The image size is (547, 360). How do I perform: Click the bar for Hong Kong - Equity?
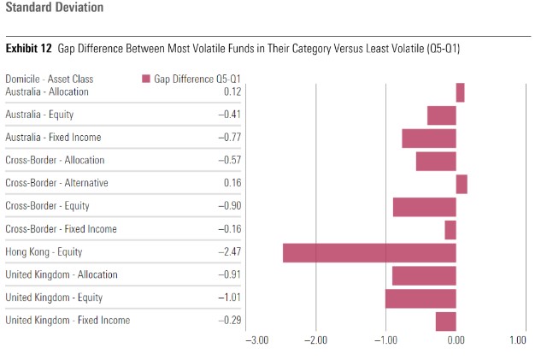[x=369, y=252]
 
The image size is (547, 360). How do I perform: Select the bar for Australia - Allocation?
[x=460, y=92]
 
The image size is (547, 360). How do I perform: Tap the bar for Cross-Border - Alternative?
[x=462, y=184]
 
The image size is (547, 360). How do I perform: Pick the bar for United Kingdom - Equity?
[x=421, y=298]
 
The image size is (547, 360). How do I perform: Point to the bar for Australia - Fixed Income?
[x=429, y=138]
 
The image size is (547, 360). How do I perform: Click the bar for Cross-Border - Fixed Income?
[x=450, y=229]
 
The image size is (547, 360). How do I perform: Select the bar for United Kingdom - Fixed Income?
[x=446, y=321]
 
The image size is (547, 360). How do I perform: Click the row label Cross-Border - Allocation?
[x=55, y=160]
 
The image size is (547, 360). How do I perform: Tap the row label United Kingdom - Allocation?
[x=62, y=274]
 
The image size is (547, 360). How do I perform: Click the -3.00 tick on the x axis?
[x=257, y=339]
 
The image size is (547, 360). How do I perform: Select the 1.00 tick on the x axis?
[x=518, y=339]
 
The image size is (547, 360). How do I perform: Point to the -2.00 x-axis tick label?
[x=317, y=339]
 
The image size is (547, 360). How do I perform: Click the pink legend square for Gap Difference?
[x=146, y=79]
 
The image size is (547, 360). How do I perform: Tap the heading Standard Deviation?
[x=55, y=8]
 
